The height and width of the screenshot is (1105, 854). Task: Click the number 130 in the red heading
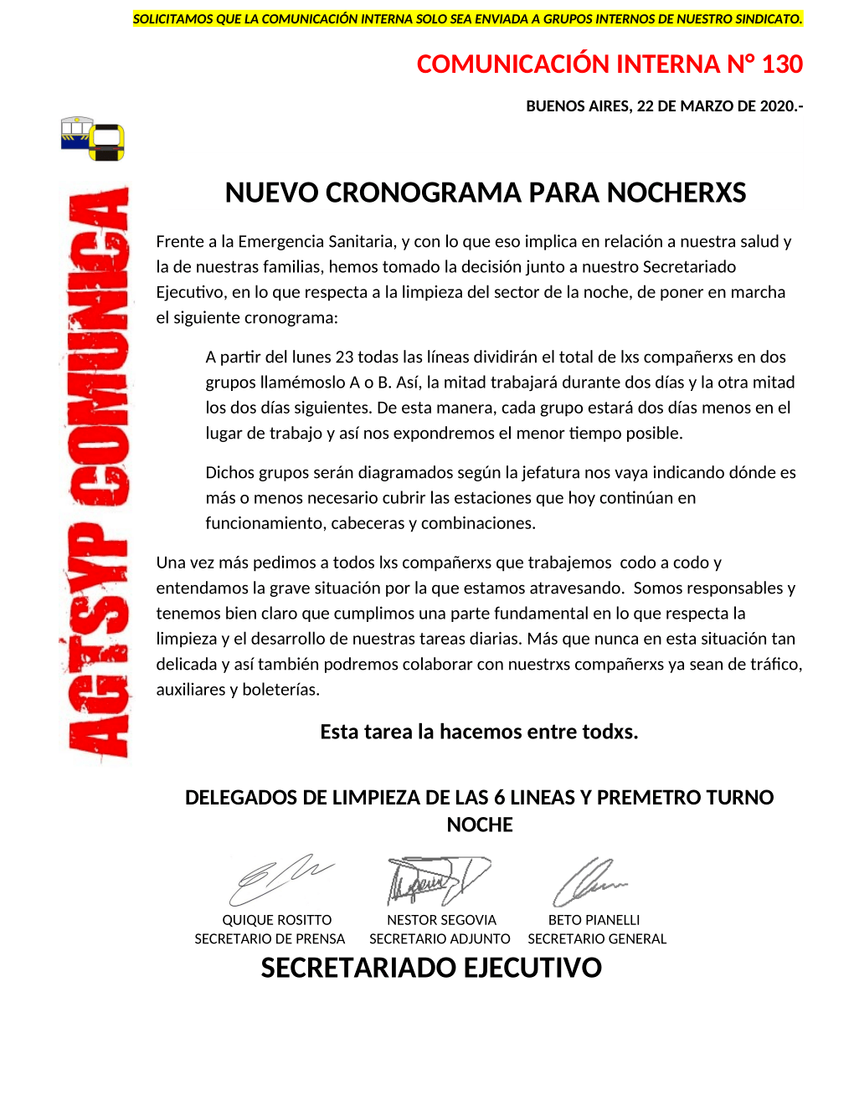click(x=782, y=64)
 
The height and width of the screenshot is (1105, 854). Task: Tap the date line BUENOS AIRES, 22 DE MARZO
click(x=664, y=106)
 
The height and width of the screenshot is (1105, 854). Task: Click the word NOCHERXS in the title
click(x=677, y=193)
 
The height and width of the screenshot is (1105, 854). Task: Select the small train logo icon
click(x=92, y=138)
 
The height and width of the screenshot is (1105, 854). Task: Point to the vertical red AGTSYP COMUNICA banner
click(x=99, y=473)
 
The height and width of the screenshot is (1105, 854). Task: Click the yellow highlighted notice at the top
click(x=467, y=18)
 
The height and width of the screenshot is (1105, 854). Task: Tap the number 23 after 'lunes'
click(x=344, y=357)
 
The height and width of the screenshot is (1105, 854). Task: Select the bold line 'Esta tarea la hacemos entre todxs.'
click(x=479, y=732)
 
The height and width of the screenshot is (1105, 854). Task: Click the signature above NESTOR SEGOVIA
click(x=437, y=880)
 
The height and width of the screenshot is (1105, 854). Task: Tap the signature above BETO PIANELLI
click(x=589, y=881)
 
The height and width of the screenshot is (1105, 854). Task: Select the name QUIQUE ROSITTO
click(x=276, y=920)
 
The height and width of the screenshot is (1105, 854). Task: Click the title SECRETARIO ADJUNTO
click(x=440, y=939)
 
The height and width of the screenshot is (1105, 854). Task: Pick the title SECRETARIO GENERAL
click(x=597, y=939)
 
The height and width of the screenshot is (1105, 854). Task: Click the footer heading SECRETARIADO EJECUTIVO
click(x=431, y=969)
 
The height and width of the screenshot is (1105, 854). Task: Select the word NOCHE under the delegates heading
click(x=480, y=825)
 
